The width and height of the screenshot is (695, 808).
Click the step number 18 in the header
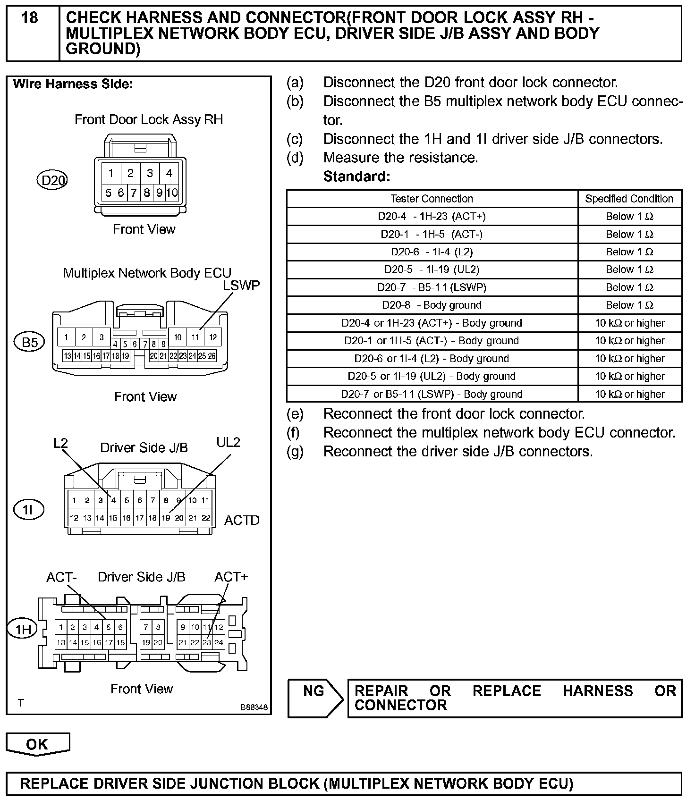click(x=30, y=18)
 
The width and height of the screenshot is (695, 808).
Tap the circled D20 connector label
click(x=52, y=180)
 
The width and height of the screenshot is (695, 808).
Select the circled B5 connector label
click(x=30, y=342)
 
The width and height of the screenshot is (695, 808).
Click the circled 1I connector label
click(x=29, y=509)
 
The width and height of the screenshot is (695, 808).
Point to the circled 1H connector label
click(x=23, y=629)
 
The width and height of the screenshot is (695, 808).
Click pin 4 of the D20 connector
click(x=169, y=173)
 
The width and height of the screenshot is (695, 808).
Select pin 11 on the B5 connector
click(x=195, y=337)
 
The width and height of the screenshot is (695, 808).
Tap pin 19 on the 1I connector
click(x=166, y=518)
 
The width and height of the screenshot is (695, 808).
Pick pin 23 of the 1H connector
click(x=207, y=642)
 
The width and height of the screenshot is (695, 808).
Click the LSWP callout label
click(x=241, y=286)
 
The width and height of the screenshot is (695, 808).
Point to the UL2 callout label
click(x=228, y=442)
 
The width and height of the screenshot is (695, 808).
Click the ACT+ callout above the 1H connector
click(x=231, y=577)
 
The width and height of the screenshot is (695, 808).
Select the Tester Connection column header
click(x=432, y=199)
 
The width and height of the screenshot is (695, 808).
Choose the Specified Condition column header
click(x=629, y=199)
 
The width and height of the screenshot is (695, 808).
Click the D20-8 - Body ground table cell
click(x=432, y=305)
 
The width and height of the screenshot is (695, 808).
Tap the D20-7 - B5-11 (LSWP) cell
click(x=432, y=287)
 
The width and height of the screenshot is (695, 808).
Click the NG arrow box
click(x=315, y=698)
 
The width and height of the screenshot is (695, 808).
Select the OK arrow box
click(x=37, y=744)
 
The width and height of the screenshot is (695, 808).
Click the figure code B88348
click(x=254, y=707)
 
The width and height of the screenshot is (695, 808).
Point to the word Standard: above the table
click(x=356, y=177)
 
